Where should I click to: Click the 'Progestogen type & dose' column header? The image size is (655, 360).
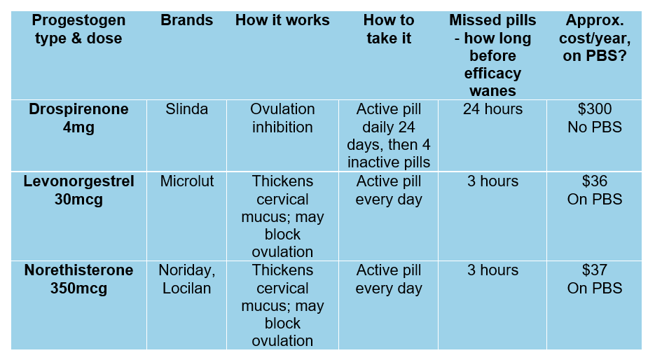pyautogui.click(x=78, y=29)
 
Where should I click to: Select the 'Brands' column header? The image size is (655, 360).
pyautogui.click(x=186, y=20)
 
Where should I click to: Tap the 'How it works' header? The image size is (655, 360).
pyautogui.click(x=282, y=20)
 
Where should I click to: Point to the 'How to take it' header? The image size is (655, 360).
pyautogui.click(x=388, y=29)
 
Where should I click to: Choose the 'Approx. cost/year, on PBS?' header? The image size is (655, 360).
pyautogui.click(x=594, y=38)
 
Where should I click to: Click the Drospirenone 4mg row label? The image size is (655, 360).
pyautogui.click(x=78, y=118)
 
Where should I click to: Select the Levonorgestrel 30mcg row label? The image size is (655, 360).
pyautogui.click(x=78, y=191)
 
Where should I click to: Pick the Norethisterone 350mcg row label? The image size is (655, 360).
pyautogui.click(x=78, y=279)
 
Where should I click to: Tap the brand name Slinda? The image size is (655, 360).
pyautogui.click(x=186, y=110)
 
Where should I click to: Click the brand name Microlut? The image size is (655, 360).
pyautogui.click(x=186, y=182)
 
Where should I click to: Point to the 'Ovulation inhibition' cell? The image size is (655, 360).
pyautogui.click(x=282, y=118)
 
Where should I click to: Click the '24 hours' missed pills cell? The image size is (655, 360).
pyautogui.click(x=492, y=110)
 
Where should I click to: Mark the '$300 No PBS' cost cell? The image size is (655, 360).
pyautogui.click(x=594, y=118)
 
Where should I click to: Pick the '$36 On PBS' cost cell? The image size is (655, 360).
pyautogui.click(x=594, y=191)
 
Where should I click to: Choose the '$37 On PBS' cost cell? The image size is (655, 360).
pyautogui.click(x=594, y=279)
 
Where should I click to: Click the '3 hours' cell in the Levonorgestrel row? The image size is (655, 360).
pyautogui.click(x=492, y=182)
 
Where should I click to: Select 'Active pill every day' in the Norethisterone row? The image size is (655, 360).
pyautogui.click(x=388, y=279)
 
